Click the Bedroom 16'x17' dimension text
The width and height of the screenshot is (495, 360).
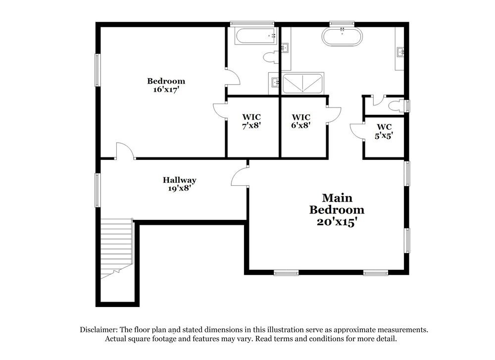(166, 90)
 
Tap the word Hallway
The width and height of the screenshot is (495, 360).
(180, 180)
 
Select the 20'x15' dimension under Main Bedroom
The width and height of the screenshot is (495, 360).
(337, 222)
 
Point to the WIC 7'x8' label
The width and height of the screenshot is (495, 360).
(251, 121)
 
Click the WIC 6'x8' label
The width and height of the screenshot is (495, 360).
(301, 121)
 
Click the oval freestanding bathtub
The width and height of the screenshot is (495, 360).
(342, 37)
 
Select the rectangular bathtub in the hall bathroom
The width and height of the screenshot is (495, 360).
(255, 36)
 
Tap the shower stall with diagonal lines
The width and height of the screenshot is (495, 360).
(302, 83)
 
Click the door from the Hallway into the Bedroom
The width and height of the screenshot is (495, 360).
(125, 152)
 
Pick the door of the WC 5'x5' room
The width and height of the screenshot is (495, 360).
(356, 131)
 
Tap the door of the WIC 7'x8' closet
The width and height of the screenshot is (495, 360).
(220, 112)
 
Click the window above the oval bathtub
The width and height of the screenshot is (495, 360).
(342, 23)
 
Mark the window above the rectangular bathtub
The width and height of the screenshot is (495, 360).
(252, 23)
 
